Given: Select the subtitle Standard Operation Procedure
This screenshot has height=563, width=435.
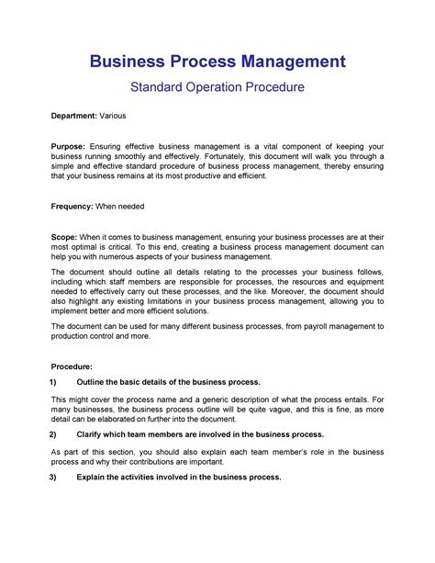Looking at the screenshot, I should (x=217, y=88).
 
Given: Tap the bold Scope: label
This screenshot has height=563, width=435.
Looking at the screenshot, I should (x=64, y=236).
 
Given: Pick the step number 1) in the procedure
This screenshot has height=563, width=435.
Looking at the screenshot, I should (x=54, y=382).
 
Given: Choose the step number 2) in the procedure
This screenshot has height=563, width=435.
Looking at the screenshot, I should (x=54, y=434).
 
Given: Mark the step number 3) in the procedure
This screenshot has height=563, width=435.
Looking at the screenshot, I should (x=54, y=478).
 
